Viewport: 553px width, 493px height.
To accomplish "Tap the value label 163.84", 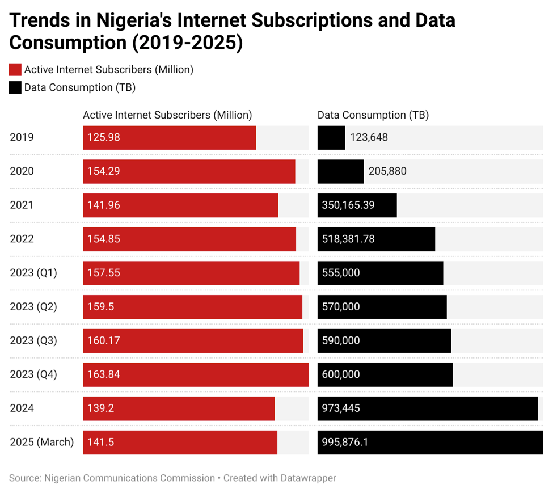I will tap(104, 374).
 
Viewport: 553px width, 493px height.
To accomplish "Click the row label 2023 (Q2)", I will tap(33, 307).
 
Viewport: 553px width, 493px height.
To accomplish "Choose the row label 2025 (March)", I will tap(42, 443).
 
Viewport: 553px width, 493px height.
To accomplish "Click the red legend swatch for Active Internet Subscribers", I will tap(15, 70).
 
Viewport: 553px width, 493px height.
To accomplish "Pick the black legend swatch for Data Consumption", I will tap(15, 87).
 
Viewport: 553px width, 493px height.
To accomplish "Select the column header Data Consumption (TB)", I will tap(373, 115).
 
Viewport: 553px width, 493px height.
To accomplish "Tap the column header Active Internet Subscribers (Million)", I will tap(167, 115).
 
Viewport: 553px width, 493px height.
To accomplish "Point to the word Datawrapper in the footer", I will tap(307, 478).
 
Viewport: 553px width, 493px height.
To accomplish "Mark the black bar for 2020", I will tap(340, 171).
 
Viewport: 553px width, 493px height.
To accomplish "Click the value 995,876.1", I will tap(345, 443).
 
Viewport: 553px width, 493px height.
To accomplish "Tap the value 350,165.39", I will tap(348, 205).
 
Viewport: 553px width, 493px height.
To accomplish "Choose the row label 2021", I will tap(22, 205).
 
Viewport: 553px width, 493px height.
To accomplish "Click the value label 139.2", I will tap(100, 408).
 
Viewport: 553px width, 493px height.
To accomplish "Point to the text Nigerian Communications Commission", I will tap(129, 478).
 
